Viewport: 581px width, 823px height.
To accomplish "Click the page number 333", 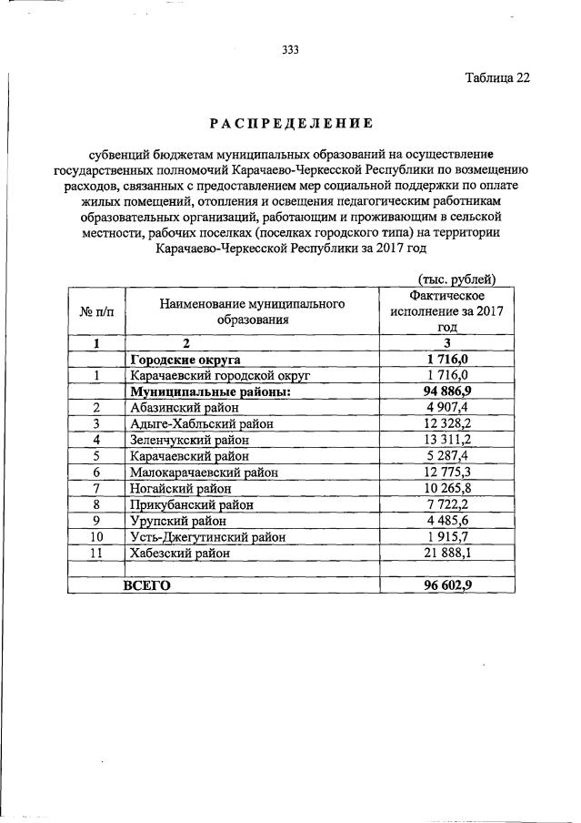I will [290, 50].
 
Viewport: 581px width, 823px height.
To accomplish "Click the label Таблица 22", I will [496, 77].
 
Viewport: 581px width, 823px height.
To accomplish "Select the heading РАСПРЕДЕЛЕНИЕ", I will [291, 121].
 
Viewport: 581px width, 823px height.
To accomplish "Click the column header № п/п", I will [95, 311].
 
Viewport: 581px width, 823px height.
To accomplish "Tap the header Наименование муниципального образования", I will [252, 311].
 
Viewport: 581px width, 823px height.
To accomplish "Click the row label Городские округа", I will [186, 359].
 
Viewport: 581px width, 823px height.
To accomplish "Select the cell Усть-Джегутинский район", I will [208, 537].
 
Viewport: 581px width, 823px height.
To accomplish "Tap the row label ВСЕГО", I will [146, 585].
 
